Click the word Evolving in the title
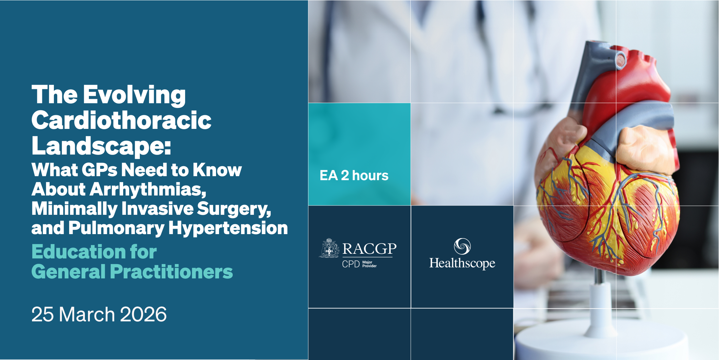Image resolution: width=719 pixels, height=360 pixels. click(134, 95)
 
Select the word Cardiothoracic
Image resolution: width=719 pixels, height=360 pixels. click(121, 120)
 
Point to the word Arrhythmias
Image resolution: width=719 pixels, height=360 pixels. click(148, 189)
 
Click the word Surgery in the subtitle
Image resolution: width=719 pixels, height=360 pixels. click(234, 209)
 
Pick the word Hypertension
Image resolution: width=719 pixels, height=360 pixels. click(228, 228)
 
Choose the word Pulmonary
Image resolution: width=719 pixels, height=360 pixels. click(117, 228)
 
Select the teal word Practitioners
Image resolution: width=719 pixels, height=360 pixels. click(171, 272)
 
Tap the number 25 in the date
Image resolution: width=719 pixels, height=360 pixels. click(42, 314)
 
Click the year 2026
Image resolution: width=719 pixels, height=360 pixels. click(143, 314)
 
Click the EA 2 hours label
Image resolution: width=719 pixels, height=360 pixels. click(354, 176)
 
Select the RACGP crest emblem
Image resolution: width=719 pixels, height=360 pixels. click(329, 248)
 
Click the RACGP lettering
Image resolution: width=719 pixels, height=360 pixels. click(369, 249)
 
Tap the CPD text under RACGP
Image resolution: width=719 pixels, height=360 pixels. click(351, 264)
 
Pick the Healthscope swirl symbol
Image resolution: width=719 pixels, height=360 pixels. click(462, 246)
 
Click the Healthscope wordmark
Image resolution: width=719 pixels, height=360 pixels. click(462, 263)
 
